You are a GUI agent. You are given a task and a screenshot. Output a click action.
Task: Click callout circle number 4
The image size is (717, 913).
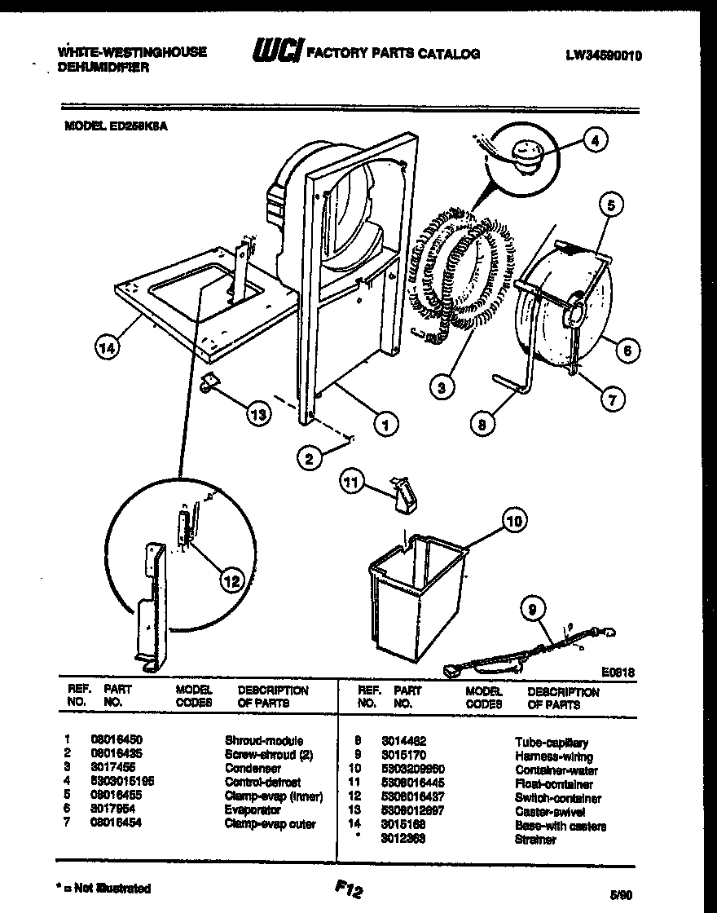[595, 140]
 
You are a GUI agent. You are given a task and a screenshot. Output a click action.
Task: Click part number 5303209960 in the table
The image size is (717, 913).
[420, 770]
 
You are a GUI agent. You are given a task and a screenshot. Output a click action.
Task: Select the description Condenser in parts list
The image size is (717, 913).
[253, 768]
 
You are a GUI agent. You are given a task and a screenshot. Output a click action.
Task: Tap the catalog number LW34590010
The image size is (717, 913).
[604, 55]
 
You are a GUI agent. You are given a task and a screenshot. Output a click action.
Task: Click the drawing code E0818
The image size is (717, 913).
[618, 673]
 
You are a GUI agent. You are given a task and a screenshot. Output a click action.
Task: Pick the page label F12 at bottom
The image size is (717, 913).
[348, 890]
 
